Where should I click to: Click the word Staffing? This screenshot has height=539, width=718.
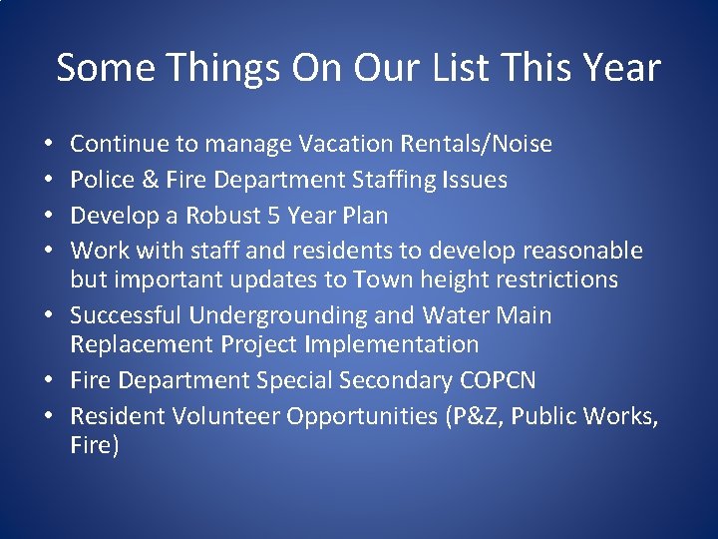click(357, 181)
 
